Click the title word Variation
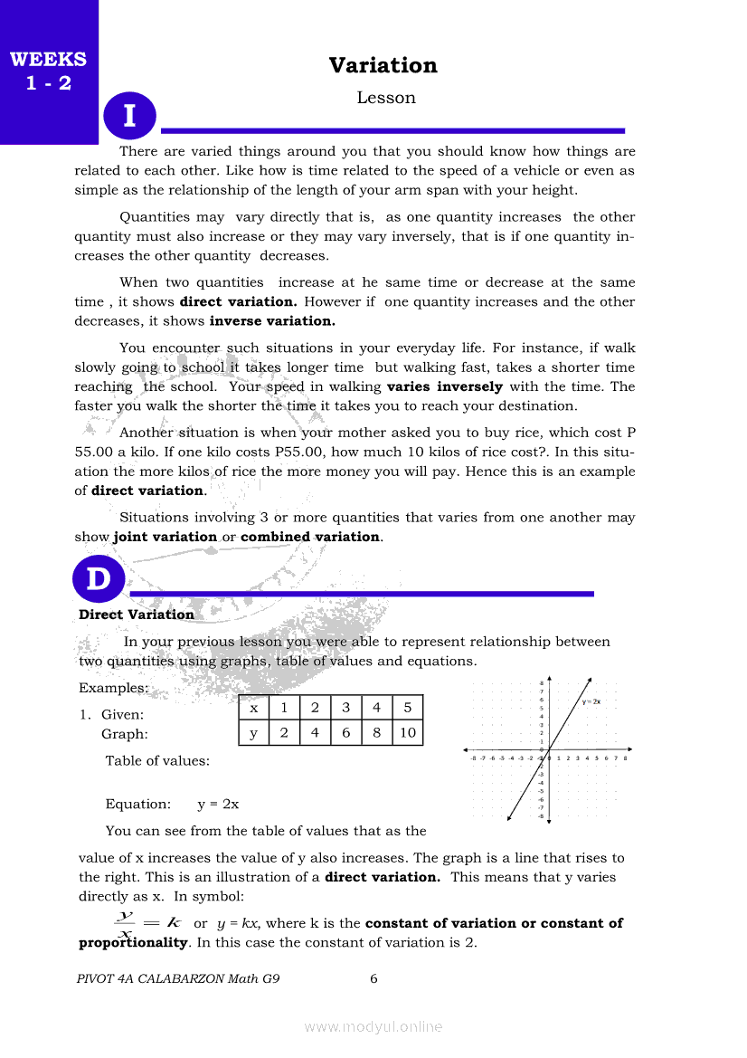click(383, 65)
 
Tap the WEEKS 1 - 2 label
click(48, 71)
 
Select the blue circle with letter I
click(130, 116)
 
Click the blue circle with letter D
click(98, 579)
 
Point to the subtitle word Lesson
click(386, 98)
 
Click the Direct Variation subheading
click(137, 615)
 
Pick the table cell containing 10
click(407, 732)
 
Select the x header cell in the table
click(253, 708)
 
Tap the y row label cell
click(253, 732)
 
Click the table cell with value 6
click(345, 732)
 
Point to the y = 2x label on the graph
click(591, 701)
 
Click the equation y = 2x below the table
click(218, 804)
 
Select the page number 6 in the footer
click(373, 978)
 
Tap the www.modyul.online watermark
click(373, 1026)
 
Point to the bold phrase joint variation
click(165, 537)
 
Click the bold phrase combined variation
click(310, 537)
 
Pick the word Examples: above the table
click(113, 688)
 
